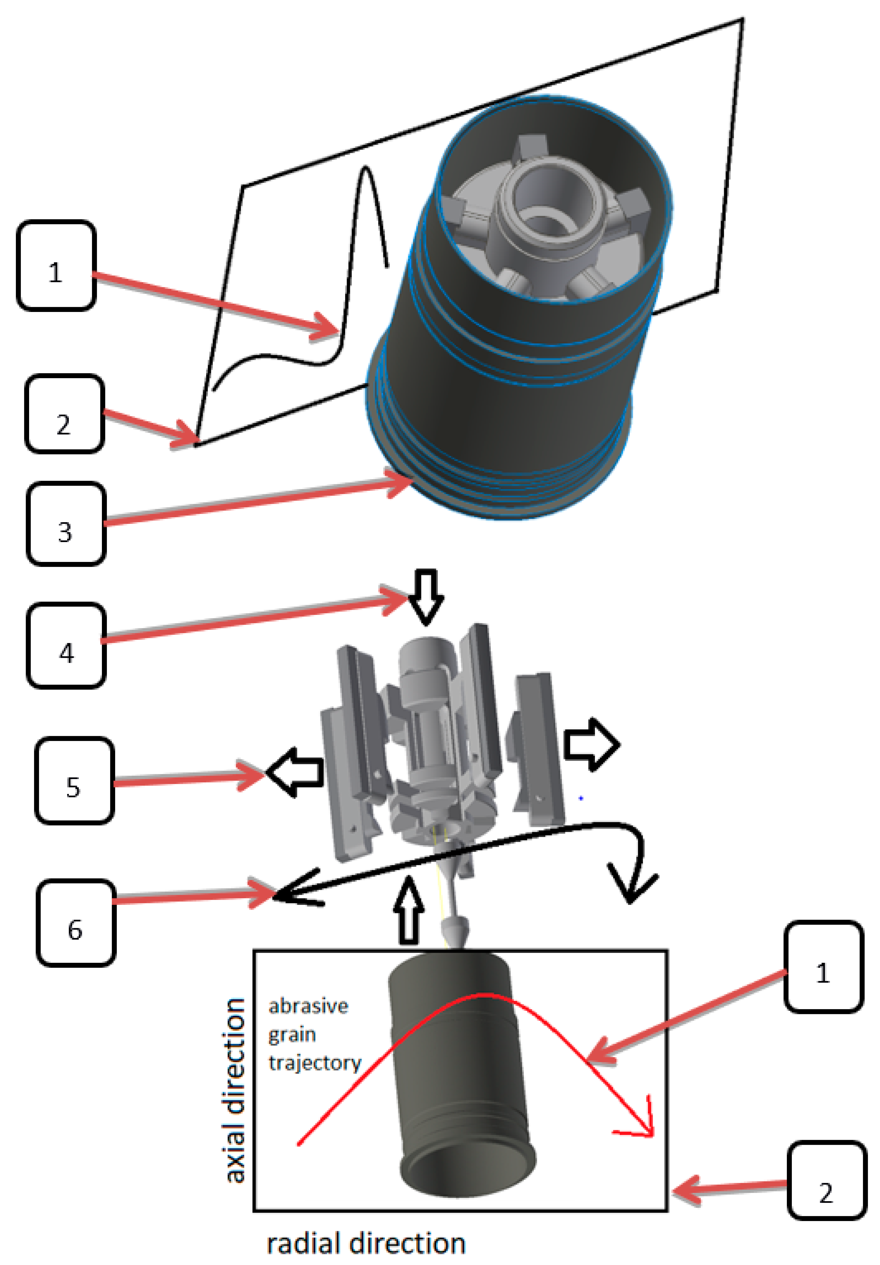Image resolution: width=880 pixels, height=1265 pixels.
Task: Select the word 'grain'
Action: [x=292, y=1035]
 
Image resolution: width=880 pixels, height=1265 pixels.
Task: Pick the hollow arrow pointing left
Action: [x=296, y=772]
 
